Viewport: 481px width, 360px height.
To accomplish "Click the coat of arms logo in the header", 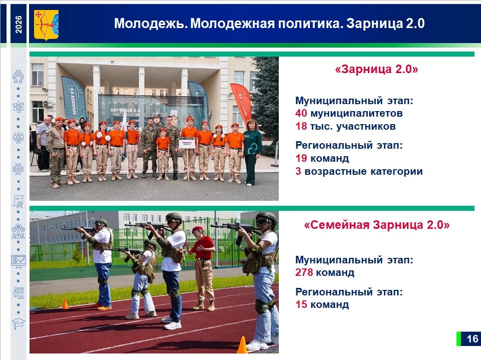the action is pyautogui.click(x=46, y=25).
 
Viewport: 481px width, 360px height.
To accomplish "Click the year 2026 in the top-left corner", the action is pyautogui.click(x=19, y=24).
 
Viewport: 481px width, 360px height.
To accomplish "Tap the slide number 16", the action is pyautogui.click(x=472, y=338).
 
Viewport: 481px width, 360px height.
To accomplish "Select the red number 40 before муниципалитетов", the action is pyautogui.click(x=301, y=113).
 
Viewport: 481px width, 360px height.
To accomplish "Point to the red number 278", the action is pyautogui.click(x=304, y=272).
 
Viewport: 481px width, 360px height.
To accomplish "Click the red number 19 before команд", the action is pyautogui.click(x=301, y=158).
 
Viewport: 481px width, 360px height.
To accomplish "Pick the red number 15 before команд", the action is pyautogui.click(x=301, y=304).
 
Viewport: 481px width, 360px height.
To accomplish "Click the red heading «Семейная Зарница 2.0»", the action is pyautogui.click(x=377, y=225).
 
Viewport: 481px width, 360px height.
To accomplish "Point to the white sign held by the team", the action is pyautogui.click(x=187, y=143).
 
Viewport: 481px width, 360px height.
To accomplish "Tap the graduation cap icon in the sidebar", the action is pyautogui.click(x=19, y=323).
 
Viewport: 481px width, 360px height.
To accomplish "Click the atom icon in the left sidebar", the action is pyautogui.click(x=19, y=107).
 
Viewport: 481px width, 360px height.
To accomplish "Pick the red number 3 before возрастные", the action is pyautogui.click(x=298, y=171).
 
